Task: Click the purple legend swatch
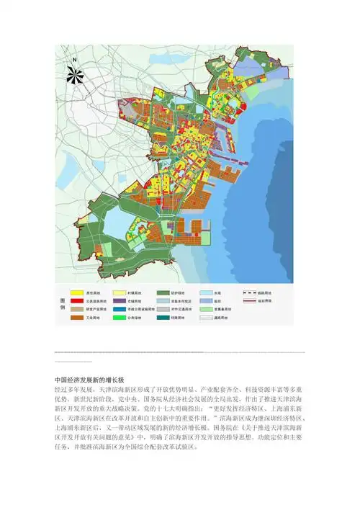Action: [x=136, y=301]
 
